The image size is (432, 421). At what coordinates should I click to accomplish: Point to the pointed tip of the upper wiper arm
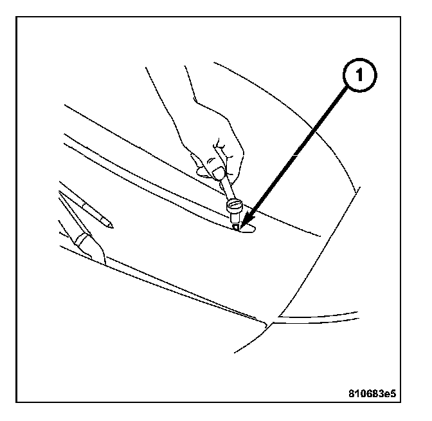point(111,225)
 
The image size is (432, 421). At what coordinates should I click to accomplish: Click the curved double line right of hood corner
point(315,317)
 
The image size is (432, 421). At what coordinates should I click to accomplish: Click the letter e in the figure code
point(395,391)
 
